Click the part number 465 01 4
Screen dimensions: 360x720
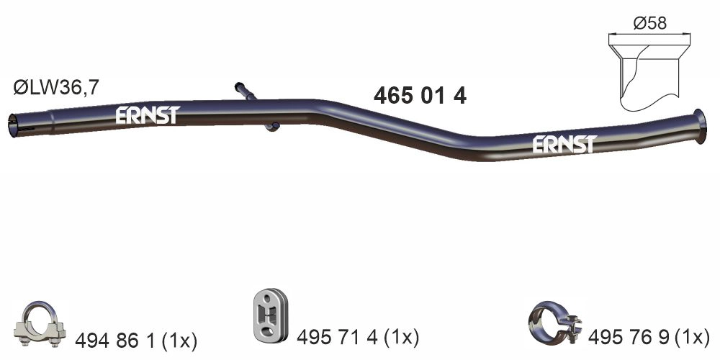point(420,96)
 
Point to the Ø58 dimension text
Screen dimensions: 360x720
point(649,23)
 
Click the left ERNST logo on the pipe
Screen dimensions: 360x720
point(147,115)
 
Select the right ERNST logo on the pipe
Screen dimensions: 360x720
point(564,144)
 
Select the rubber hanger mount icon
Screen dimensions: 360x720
point(270,315)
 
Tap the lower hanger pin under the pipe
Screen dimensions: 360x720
point(271,127)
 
